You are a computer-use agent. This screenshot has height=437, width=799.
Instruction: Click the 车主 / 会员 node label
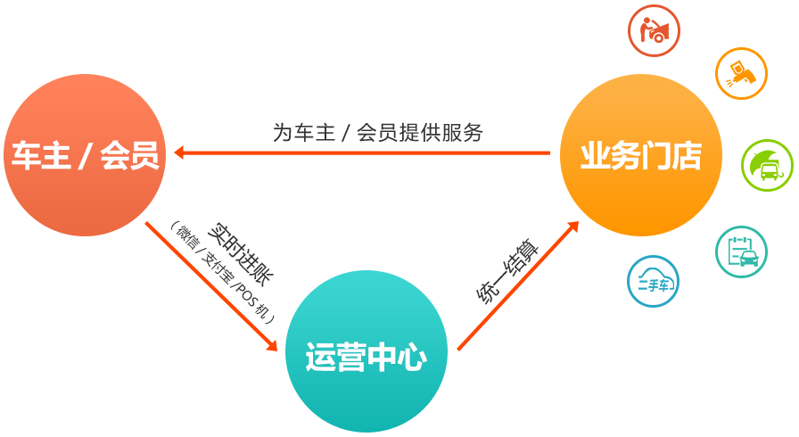[86, 156]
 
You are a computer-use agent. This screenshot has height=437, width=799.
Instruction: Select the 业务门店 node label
[640, 156]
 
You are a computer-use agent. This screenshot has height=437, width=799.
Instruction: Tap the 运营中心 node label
[366, 358]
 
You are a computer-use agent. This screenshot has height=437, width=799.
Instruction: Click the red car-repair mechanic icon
[654, 31]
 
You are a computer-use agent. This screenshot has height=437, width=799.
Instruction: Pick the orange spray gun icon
[740, 74]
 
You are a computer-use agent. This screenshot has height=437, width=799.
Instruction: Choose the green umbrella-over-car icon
[767, 166]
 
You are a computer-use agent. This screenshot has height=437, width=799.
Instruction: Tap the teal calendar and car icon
[741, 251]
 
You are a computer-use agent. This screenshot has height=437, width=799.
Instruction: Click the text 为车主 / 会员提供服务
[377, 132]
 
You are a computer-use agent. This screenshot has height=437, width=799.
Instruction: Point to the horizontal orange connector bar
[361, 153]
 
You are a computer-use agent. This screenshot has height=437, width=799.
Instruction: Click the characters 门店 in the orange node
[671, 156]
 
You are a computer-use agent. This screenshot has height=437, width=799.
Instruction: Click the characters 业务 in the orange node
[610, 156]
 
